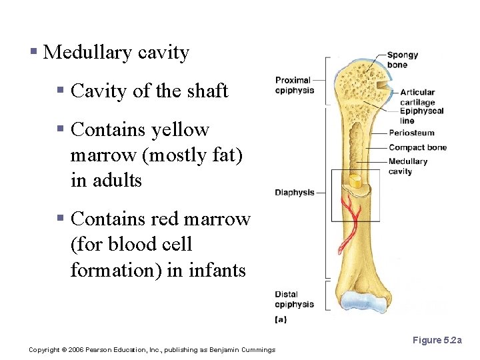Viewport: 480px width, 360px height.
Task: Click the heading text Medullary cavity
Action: click(116, 53)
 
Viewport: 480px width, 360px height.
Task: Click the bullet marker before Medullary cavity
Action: click(33, 52)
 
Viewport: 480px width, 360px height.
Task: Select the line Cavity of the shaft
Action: click(149, 91)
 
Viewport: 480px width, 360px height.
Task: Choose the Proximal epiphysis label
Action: click(294, 85)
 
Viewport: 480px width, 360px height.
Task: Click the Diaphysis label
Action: click(294, 193)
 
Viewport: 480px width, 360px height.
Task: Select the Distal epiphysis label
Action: click(294, 299)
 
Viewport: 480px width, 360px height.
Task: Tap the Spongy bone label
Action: click(402, 60)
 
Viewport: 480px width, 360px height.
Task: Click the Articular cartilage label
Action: click(417, 97)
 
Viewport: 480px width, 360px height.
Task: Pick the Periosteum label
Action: click(411, 133)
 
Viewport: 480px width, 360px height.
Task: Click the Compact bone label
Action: click(417, 147)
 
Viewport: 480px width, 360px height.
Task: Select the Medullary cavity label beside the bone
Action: click(407, 166)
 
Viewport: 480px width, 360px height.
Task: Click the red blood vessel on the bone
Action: click(350, 223)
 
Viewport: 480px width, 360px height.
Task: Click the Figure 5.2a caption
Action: click(437, 341)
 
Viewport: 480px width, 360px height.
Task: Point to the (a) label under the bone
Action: click(281, 319)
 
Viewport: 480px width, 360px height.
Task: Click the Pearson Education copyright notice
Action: click(152, 350)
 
